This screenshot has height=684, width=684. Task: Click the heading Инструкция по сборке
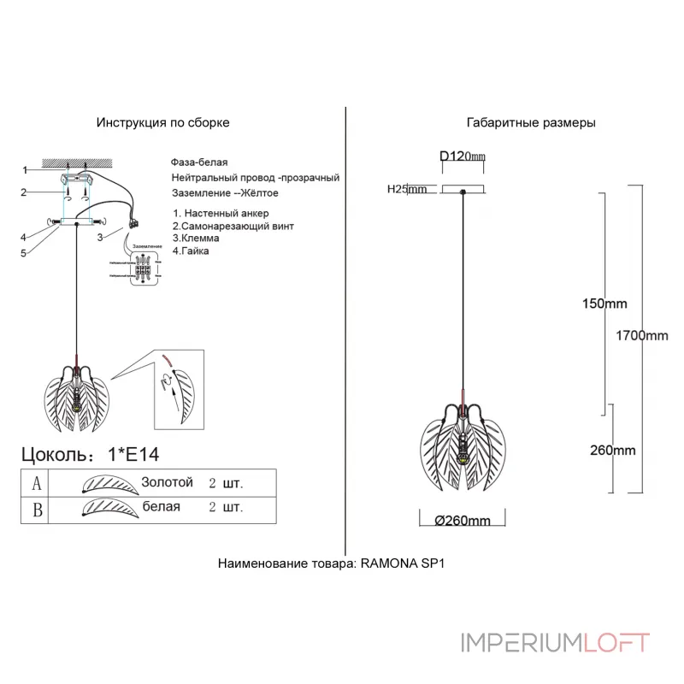[x=162, y=123]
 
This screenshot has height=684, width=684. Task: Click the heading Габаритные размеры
[x=531, y=123]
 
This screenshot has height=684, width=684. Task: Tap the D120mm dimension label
[x=462, y=156]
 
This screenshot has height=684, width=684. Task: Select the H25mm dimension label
[x=407, y=190]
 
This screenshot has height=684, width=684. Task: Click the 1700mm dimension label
[x=642, y=335]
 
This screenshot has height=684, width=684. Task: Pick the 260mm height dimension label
[x=612, y=451]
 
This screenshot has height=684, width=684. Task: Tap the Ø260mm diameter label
[x=462, y=521]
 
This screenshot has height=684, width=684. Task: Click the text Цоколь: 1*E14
[x=91, y=453]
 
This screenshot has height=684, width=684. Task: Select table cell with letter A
[x=36, y=483]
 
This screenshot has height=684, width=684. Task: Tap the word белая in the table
[x=162, y=507]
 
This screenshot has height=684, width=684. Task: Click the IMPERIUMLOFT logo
[x=555, y=642]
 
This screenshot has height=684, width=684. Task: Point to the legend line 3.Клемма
[x=196, y=239]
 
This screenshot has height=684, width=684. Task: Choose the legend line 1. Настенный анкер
[x=221, y=213]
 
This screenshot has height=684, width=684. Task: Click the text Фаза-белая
[x=199, y=162]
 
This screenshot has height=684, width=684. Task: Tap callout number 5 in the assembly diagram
[x=24, y=253]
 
